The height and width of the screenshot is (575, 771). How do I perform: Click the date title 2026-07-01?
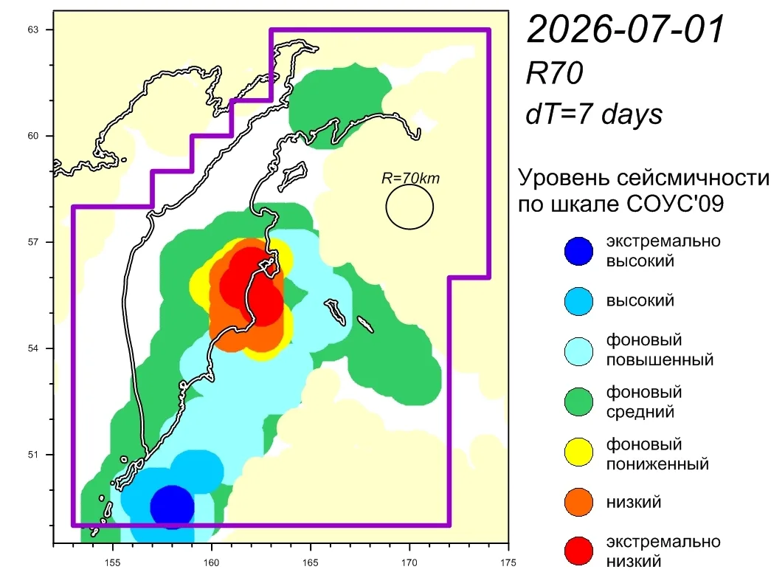pos(626,29)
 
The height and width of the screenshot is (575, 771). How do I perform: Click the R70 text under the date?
pos(554,73)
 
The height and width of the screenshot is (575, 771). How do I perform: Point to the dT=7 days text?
pos(594,114)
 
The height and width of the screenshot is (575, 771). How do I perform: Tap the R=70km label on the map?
pos(410,178)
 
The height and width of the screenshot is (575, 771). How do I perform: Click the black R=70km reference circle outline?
pos(386,207)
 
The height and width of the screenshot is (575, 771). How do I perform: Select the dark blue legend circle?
pos(578,251)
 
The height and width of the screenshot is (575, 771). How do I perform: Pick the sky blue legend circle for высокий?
pos(578,301)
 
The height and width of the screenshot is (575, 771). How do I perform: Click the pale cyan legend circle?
pos(578,351)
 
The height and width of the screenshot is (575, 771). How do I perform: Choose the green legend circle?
pos(578,402)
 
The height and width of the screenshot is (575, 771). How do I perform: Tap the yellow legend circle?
pos(578,452)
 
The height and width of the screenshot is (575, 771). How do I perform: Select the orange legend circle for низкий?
pos(578,502)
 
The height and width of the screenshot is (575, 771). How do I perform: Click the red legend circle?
pos(578,551)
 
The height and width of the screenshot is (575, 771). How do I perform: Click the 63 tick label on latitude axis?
pos(32,30)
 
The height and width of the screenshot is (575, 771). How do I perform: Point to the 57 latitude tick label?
pos(32,242)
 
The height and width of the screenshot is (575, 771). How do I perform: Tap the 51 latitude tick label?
pos(32,455)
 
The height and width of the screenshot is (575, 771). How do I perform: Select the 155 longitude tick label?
pos(113,562)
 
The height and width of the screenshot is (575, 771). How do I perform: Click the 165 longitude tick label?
pos(311,562)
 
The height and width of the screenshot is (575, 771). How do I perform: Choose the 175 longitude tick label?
pos(508,562)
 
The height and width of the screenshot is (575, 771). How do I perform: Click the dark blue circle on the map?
pos(172,507)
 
